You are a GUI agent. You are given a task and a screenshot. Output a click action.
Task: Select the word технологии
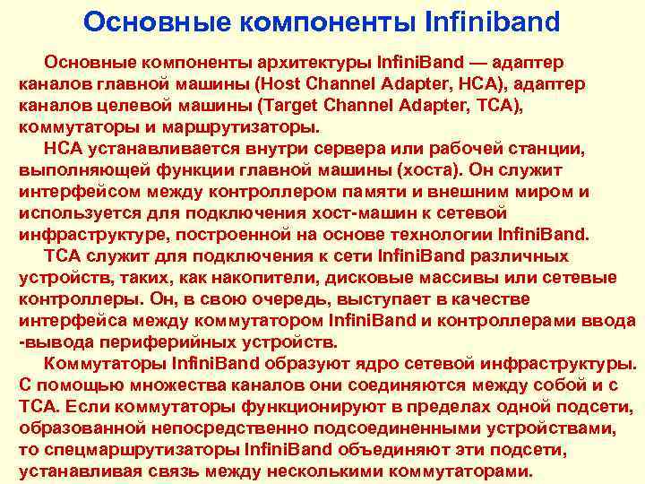(408, 235)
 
